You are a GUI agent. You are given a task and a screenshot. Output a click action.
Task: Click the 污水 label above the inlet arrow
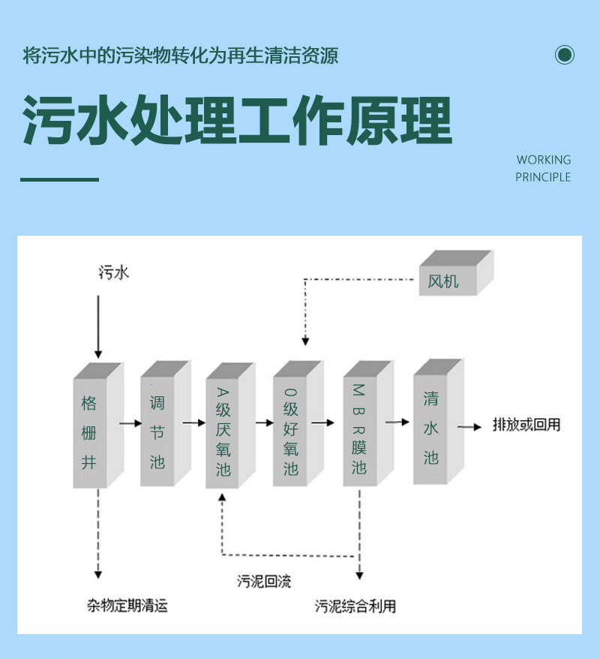114,272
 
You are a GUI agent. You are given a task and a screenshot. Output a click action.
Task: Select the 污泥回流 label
264,581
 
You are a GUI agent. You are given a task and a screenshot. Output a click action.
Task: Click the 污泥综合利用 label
355,606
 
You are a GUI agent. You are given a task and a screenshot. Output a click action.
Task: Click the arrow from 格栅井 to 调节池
131,423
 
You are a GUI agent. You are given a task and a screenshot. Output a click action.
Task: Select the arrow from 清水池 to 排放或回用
470,426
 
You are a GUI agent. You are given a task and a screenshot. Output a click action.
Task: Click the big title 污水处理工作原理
237,120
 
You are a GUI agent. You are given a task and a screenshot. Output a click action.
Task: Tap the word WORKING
544,160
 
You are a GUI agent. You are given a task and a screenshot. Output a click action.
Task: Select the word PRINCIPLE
543,177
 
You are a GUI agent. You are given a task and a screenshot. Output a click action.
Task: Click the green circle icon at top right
565,55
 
